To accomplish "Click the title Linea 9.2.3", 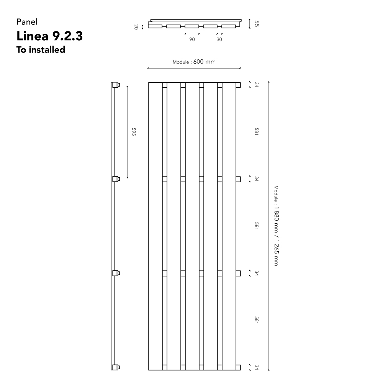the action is pyautogui.click(x=49, y=36).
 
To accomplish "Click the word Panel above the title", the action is pyautogui.click(x=27, y=22).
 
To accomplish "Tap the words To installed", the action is pyautogui.click(x=41, y=49).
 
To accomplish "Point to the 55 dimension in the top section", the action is pyautogui.click(x=257, y=23).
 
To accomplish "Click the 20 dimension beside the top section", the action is pyautogui.click(x=136, y=27).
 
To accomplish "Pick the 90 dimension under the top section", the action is pyautogui.click(x=192, y=39).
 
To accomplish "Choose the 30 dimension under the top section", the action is pyautogui.click(x=219, y=39).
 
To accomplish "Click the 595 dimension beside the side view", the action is pyautogui.click(x=133, y=132).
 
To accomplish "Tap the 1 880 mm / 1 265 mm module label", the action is pyautogui.click(x=276, y=226).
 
